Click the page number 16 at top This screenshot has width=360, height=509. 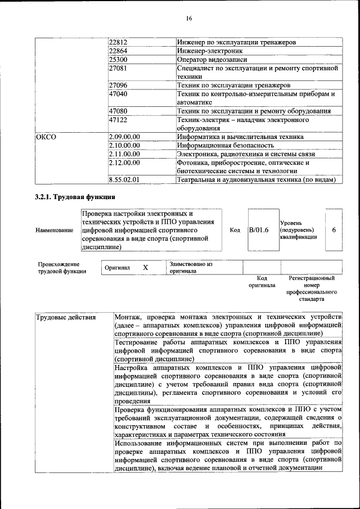click(189, 19)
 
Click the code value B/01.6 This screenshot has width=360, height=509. click(259, 230)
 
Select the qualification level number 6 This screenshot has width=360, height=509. click(334, 230)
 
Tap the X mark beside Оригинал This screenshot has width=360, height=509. click(145, 268)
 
